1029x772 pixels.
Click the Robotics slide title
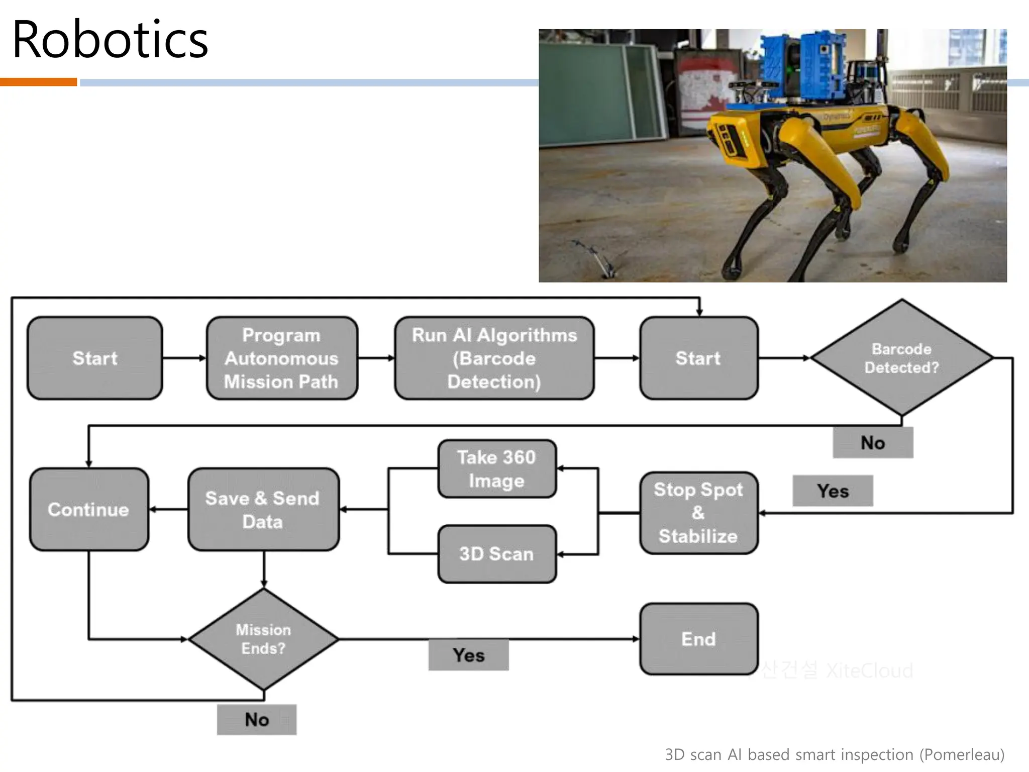tap(110, 40)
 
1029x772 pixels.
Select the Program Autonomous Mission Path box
tap(281, 358)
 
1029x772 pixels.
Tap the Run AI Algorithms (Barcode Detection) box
tap(494, 358)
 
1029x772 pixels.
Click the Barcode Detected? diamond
tap(901, 358)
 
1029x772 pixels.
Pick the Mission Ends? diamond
tap(263, 639)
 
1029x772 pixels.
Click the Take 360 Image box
tap(496, 469)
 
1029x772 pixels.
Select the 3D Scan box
tap(496, 554)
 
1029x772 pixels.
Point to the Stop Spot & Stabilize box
tap(698, 513)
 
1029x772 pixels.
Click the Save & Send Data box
tap(263, 510)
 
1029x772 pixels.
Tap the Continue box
tap(88, 510)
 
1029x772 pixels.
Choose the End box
tap(698, 639)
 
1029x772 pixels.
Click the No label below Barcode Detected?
tap(873, 443)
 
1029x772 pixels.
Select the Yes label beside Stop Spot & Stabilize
tap(833, 491)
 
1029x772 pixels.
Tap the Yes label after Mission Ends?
tap(468, 655)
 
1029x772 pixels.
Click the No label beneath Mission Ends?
tap(257, 720)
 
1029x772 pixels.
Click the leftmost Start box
tap(94, 358)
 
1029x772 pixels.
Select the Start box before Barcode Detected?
tap(698, 358)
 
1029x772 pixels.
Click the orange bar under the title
tap(38, 82)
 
